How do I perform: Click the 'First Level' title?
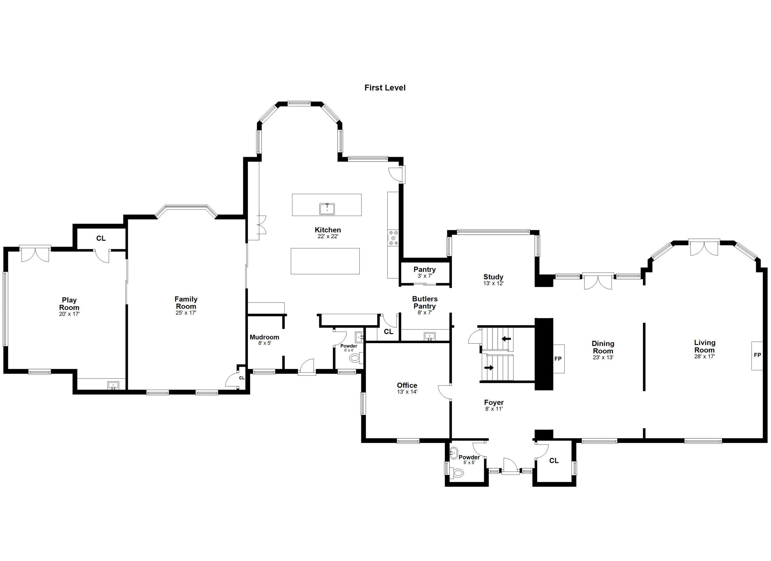385,88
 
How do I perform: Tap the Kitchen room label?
328,230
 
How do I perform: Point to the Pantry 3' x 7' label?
425,272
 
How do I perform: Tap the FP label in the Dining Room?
558,359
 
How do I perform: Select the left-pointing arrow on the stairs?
506,339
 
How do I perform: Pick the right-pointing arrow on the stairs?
489,367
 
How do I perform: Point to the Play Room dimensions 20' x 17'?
69,314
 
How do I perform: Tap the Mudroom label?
264,337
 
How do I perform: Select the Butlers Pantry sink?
430,337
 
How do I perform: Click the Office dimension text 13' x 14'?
407,391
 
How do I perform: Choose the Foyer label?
494,403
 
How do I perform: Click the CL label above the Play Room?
101,238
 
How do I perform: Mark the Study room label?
493,277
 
